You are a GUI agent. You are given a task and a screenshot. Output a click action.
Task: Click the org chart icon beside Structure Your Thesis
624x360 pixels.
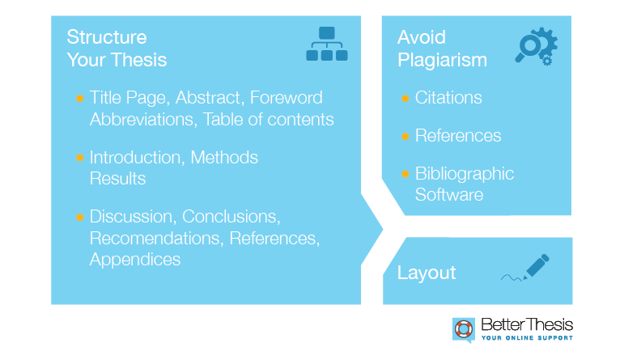point(327,44)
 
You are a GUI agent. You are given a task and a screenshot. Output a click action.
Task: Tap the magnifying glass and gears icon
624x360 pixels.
point(536,46)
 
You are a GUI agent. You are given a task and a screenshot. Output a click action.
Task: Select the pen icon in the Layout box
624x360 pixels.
point(525,268)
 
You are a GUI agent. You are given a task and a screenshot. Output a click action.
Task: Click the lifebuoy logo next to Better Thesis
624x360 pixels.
point(464,330)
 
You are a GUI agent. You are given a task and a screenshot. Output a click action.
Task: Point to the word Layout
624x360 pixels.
point(427,273)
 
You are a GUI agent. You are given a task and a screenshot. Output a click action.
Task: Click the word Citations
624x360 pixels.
point(448,97)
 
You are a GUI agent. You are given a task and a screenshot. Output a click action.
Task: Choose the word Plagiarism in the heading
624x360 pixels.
point(442,61)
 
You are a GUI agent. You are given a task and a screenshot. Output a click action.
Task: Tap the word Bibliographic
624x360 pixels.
point(465,174)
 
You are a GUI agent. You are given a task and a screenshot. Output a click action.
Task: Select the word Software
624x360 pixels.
point(449,195)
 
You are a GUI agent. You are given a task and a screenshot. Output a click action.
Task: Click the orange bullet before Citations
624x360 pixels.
point(405,98)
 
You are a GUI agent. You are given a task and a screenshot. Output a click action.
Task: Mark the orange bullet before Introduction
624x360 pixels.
point(79,158)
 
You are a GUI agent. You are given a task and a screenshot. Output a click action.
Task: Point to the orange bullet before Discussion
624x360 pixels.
point(79,217)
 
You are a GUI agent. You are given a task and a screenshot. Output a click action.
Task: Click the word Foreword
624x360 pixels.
point(287,97)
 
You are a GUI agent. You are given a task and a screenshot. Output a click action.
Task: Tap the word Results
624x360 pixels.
point(117,178)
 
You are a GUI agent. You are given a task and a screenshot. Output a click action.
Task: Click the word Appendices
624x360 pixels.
point(135,260)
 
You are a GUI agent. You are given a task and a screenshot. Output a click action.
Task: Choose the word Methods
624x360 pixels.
point(224,158)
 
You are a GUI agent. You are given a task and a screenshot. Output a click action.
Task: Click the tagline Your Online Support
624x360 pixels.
point(527,337)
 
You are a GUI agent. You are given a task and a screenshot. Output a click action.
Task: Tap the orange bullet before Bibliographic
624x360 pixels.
point(405,174)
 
